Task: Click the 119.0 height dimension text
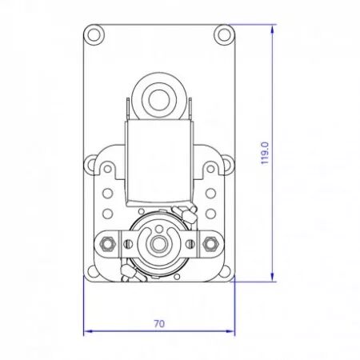click(x=265, y=154)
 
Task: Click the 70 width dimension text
click(x=159, y=324)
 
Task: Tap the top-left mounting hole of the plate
click(x=94, y=34)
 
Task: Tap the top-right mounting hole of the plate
click(x=224, y=34)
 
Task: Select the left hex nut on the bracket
click(x=107, y=244)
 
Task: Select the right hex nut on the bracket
click(x=210, y=244)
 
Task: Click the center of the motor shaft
click(x=159, y=244)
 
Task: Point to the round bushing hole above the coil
click(x=158, y=100)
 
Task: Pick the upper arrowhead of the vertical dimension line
click(x=272, y=29)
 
